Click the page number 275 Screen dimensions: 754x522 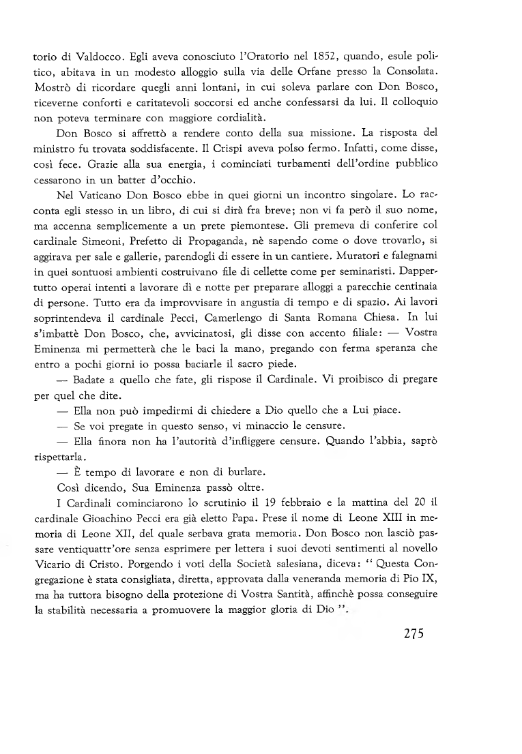click(409, 634)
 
